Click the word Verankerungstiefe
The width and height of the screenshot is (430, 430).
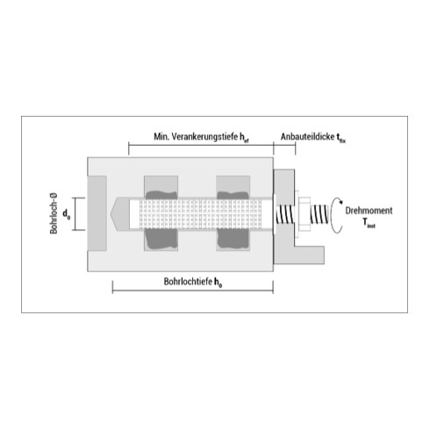pyautogui.click(x=204, y=137)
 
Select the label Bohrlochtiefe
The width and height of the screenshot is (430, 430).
pyautogui.click(x=188, y=282)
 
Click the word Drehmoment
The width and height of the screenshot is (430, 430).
pyautogui.click(x=369, y=211)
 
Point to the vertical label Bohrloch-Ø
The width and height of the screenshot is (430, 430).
pyautogui.click(x=54, y=213)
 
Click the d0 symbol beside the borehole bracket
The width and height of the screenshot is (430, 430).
pyautogui.click(x=66, y=214)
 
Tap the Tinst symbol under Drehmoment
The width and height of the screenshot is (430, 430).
pyautogui.click(x=369, y=223)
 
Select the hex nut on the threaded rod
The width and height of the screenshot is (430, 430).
pyautogui.click(x=305, y=215)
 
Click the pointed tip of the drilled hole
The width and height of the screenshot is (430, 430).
pyautogui.click(x=111, y=214)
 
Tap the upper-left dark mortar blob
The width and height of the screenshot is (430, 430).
pyautogui.click(x=161, y=195)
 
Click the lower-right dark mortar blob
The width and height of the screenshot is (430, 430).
pyautogui.click(x=233, y=239)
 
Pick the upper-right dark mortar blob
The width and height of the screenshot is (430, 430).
pyautogui.click(x=233, y=195)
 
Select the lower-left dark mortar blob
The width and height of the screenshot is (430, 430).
pyautogui.click(x=161, y=239)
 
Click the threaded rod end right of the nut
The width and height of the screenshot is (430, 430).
pyautogui.click(x=319, y=214)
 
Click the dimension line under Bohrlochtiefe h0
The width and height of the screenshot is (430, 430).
pyautogui.click(x=193, y=290)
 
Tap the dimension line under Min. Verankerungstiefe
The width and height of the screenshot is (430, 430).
pyautogui.click(x=201, y=145)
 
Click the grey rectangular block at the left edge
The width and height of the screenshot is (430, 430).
pyautogui.click(x=97, y=213)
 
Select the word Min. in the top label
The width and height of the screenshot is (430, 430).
pyautogui.click(x=161, y=137)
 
